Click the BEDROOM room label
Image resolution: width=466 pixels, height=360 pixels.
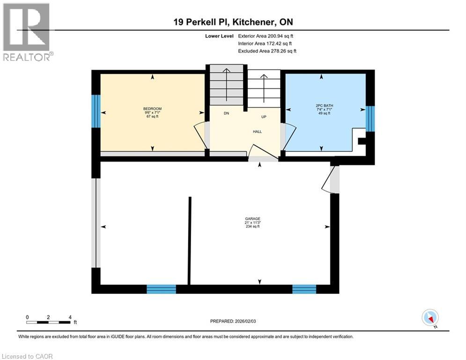[x=152, y=109]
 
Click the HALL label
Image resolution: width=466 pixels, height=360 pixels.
[x=257, y=132]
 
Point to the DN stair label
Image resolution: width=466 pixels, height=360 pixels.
[x=226, y=113]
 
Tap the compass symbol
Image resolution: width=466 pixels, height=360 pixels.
[x=430, y=318]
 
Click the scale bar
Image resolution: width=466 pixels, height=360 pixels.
[x=49, y=322]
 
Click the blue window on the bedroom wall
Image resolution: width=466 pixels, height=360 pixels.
[x=96, y=111]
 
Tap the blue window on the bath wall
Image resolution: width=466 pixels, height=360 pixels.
[x=370, y=117]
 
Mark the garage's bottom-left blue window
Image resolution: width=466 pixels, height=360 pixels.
[x=161, y=289]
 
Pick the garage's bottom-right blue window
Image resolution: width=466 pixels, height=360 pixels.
[x=304, y=289]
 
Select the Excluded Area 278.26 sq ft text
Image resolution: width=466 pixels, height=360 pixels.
[x=267, y=51]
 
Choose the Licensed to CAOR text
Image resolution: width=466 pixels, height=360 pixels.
[x=28, y=356]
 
